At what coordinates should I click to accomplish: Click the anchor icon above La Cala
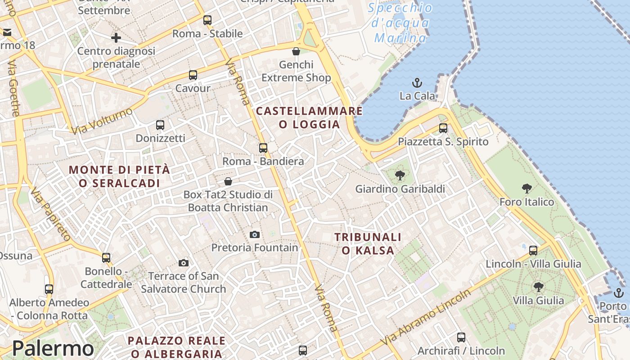[x=417, y=83]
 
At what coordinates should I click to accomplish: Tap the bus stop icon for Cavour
[x=193, y=75]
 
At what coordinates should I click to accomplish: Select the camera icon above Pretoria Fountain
[x=255, y=234]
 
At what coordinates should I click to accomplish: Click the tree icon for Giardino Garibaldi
[x=399, y=175]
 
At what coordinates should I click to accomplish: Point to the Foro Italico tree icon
[x=526, y=189]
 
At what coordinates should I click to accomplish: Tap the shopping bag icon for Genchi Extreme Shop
[x=296, y=51]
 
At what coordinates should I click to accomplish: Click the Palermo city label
[x=53, y=348]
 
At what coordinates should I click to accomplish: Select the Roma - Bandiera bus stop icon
[x=263, y=148]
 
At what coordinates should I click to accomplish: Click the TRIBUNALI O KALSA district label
[x=368, y=243]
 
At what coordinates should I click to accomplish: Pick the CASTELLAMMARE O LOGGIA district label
[x=309, y=117]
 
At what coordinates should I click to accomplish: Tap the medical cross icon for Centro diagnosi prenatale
[x=116, y=38]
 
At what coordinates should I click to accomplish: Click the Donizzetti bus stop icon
[x=160, y=125]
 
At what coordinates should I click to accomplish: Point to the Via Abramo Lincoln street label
[x=425, y=317]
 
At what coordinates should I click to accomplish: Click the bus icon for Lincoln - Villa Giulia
[x=533, y=251]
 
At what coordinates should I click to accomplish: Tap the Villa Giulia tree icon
[x=538, y=287]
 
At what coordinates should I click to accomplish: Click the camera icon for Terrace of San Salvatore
[x=184, y=263]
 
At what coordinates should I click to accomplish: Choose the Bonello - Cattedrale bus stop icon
[x=106, y=258]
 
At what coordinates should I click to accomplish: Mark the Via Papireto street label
[x=50, y=215]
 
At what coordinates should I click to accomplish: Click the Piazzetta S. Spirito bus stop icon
[x=443, y=128]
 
